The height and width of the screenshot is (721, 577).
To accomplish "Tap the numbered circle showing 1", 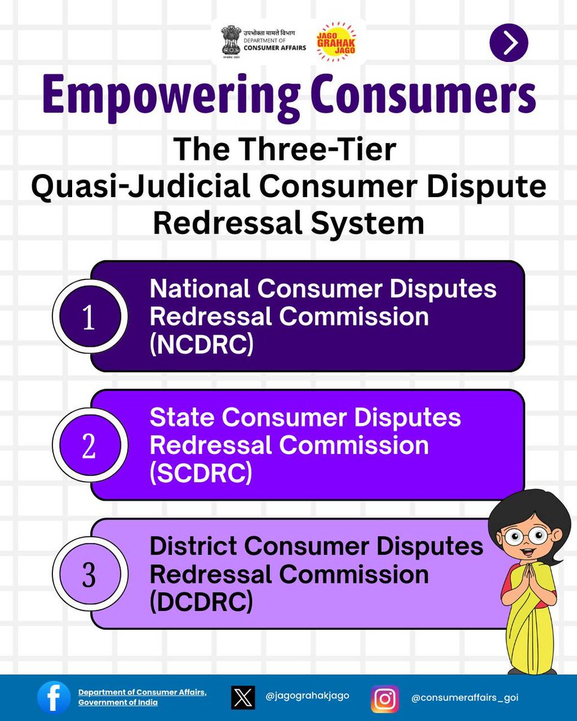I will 89,318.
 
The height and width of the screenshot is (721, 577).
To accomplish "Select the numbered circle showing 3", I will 89,575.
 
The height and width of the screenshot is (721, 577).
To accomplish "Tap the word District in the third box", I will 192,546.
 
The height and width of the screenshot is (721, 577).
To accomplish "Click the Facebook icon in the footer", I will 54,698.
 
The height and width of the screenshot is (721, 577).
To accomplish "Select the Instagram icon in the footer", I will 385,699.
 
